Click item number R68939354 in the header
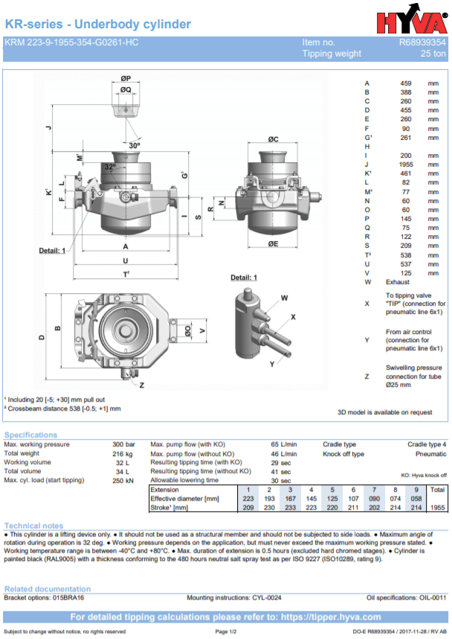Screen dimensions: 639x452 pyautogui.click(x=422, y=42)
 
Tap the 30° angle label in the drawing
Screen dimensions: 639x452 pyautogui.click(x=134, y=145)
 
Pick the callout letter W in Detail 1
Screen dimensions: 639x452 pyautogui.click(x=284, y=298)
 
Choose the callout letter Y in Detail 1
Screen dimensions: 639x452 pyautogui.click(x=272, y=363)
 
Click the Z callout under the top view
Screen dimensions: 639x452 pyautogui.click(x=141, y=385)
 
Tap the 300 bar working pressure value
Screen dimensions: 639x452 pyautogui.click(x=123, y=444)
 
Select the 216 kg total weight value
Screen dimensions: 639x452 pyautogui.click(x=123, y=453)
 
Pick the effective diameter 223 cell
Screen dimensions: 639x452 pyautogui.click(x=248, y=498)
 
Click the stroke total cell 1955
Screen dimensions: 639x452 pyautogui.click(x=438, y=507)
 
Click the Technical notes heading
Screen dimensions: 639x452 pyautogui.click(x=33, y=526)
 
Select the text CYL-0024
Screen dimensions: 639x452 pyautogui.click(x=265, y=597)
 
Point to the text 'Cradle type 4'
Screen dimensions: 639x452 pyautogui.click(x=427, y=444)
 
